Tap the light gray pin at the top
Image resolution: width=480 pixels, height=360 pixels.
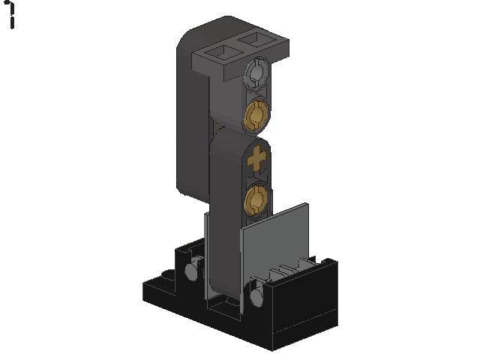(x=257, y=73)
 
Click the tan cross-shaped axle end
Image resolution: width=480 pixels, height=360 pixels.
(x=256, y=158)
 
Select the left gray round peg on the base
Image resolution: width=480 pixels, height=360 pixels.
(x=192, y=270)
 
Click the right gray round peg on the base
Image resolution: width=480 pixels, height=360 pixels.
(x=256, y=295)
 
